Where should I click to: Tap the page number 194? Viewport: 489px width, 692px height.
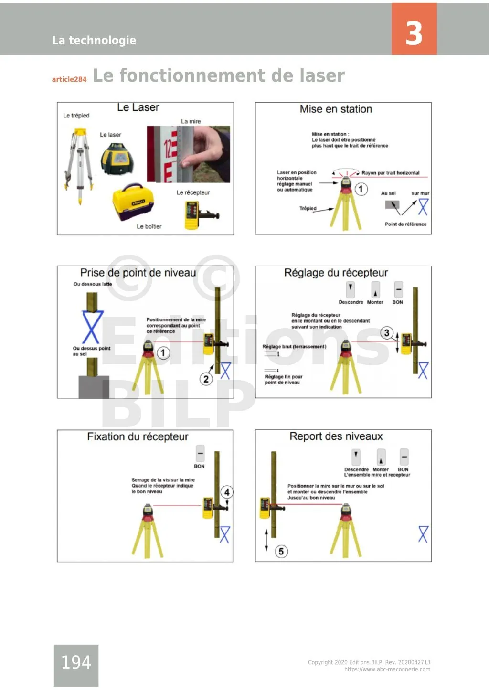(x=76, y=662)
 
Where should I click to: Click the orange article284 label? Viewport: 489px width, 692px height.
(x=69, y=79)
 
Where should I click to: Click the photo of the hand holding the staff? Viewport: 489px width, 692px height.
(x=189, y=154)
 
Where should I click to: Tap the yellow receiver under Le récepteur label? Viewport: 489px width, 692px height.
(x=192, y=215)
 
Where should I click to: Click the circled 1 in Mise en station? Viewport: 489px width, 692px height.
(x=361, y=189)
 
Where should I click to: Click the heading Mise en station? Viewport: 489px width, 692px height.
(x=336, y=109)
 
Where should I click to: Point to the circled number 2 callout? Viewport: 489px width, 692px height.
(x=206, y=379)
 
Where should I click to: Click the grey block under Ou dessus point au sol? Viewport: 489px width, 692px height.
(x=94, y=387)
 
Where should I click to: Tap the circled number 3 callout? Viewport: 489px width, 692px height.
(x=386, y=333)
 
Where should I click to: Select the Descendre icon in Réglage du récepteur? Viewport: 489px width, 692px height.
(x=351, y=289)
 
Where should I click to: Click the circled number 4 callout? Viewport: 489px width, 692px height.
(x=227, y=492)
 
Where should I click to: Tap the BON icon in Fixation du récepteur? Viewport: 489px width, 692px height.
(x=200, y=453)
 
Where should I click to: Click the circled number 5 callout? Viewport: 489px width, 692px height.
(x=281, y=552)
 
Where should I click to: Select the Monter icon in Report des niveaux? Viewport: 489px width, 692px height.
(x=381, y=457)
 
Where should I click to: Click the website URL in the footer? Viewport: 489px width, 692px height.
(x=387, y=670)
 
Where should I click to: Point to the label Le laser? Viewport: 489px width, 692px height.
(x=110, y=135)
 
